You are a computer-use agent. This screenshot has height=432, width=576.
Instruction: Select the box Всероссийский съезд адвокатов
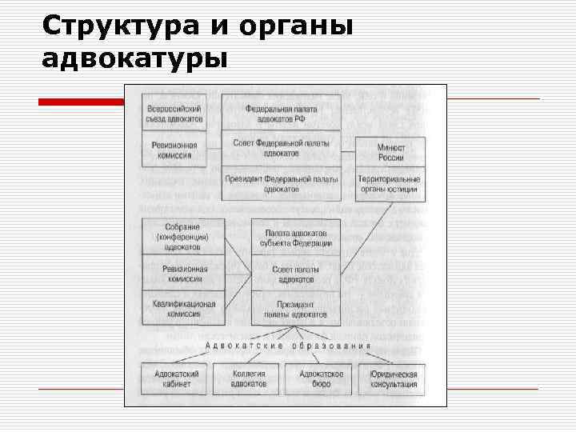[x=174, y=113]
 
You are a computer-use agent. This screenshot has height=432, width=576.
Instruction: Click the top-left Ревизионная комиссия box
[x=174, y=150]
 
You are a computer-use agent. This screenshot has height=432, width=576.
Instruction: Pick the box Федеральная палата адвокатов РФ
[x=281, y=113]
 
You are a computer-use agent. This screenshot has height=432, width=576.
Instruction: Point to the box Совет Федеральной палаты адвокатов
[x=281, y=147]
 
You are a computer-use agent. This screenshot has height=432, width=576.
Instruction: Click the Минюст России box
[x=390, y=153]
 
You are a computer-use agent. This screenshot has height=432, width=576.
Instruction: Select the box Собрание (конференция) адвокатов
[x=183, y=237]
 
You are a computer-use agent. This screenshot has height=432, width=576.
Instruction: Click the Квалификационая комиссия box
[x=183, y=309]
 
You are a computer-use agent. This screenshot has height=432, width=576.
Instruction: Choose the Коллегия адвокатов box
[x=249, y=378]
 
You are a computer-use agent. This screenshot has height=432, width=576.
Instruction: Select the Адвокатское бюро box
[x=321, y=378]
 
